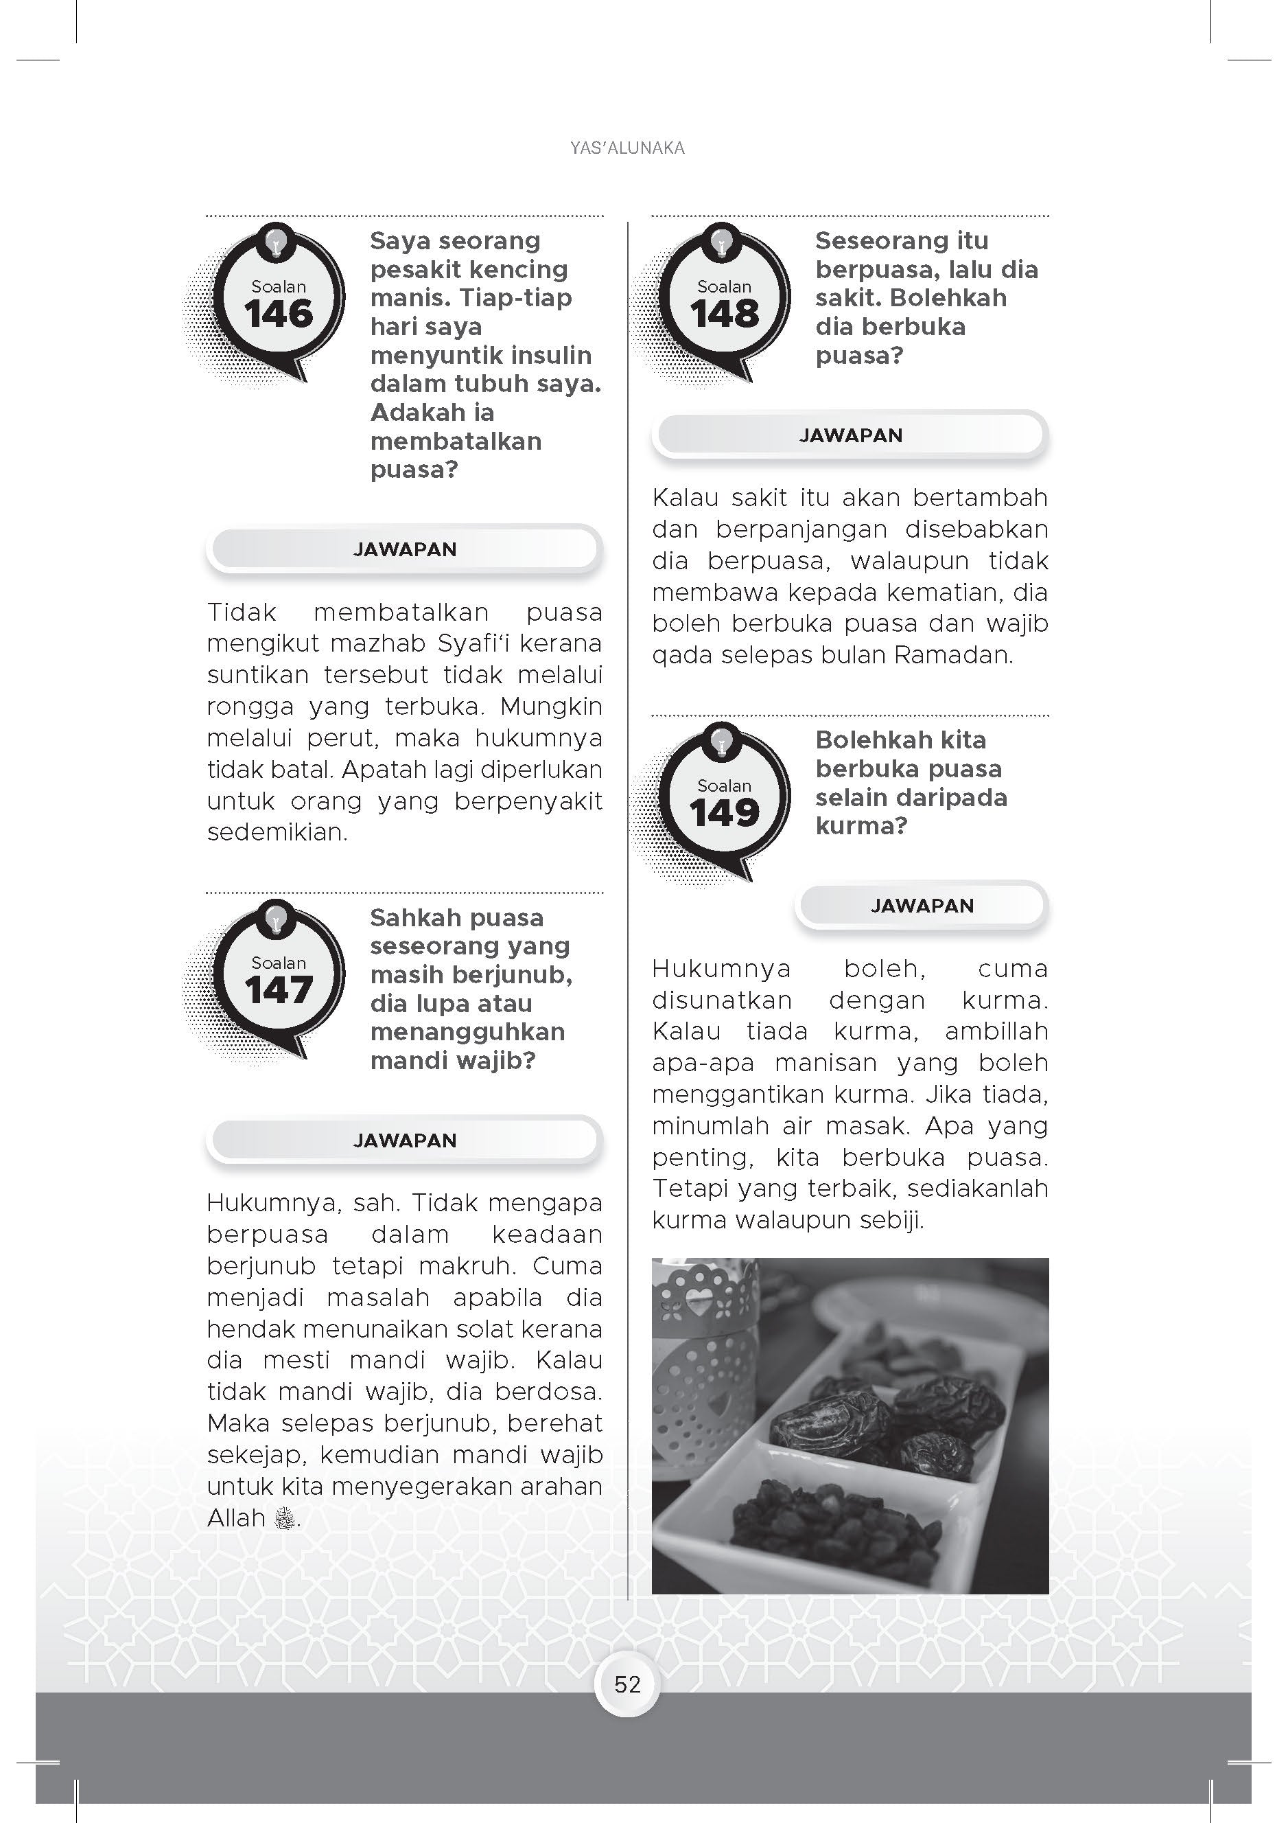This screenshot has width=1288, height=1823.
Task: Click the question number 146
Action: (x=279, y=314)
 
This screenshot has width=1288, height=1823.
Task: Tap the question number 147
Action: (x=279, y=990)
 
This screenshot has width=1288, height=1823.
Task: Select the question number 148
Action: (x=724, y=314)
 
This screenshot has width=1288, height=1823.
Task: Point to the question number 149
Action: (x=724, y=813)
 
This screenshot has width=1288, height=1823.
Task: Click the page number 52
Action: (x=627, y=1684)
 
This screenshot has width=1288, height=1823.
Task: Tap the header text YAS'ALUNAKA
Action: (x=627, y=148)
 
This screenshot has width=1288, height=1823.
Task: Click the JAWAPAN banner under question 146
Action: (x=405, y=549)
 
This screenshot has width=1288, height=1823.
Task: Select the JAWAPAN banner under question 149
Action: (x=922, y=906)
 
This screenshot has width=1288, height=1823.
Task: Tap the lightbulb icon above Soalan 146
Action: (x=275, y=242)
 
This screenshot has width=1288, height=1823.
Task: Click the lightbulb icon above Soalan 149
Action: (x=721, y=742)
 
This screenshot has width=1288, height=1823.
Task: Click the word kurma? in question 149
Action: (x=861, y=827)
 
